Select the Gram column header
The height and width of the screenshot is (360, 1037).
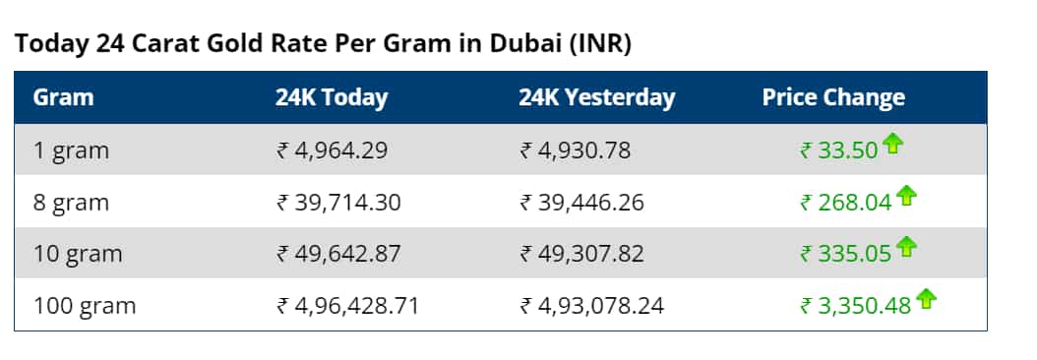[63, 98]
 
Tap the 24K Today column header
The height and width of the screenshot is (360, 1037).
[332, 98]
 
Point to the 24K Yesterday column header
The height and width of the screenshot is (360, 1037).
[597, 98]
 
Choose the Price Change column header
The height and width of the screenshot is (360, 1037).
[833, 98]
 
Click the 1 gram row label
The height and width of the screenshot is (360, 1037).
[71, 151]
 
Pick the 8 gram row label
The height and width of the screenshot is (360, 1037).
[71, 203]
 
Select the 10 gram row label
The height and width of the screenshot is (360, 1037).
[77, 254]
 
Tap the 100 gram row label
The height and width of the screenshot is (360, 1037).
[84, 306]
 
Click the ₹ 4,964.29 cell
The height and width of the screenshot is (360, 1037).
[333, 151]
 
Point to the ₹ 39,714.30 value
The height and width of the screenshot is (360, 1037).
[338, 203]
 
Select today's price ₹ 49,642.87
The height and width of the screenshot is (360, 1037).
[338, 254]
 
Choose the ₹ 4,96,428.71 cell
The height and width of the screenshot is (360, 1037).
[348, 306]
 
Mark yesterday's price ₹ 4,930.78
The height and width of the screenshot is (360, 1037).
[576, 151]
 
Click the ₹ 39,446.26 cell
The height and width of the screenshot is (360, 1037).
[581, 203]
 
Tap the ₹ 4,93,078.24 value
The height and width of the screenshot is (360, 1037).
[591, 306]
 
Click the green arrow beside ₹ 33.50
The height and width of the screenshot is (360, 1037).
[892, 145]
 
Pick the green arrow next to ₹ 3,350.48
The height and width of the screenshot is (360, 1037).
[926, 298]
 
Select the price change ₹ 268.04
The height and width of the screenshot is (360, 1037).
[845, 203]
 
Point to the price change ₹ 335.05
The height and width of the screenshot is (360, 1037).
[845, 254]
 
